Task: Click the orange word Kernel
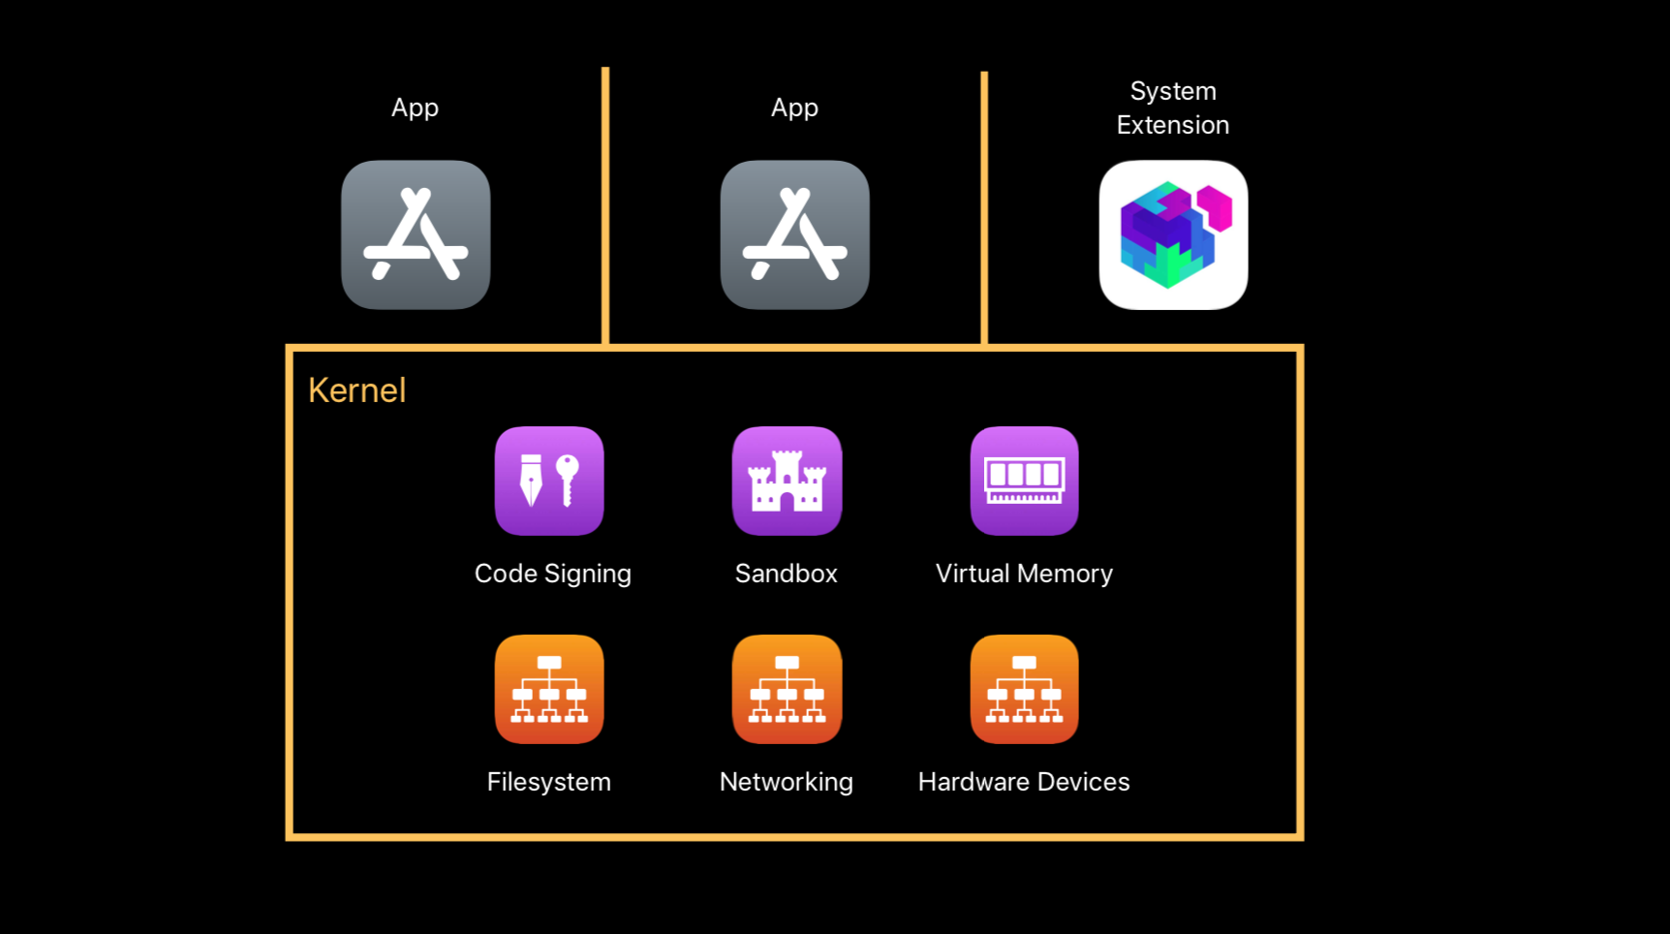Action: [x=356, y=390]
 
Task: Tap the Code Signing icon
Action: [x=549, y=481]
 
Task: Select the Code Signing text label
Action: [x=552, y=574]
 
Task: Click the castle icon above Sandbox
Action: [x=787, y=481]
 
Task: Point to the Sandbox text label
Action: [x=786, y=574]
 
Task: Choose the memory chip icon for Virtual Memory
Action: [x=1024, y=481]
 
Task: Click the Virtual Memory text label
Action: [x=1024, y=574]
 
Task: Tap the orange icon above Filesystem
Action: [x=549, y=689]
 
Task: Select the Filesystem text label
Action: [x=548, y=782]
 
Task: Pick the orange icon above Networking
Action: [x=787, y=689]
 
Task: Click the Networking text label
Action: [x=786, y=782]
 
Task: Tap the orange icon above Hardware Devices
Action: [x=1024, y=689]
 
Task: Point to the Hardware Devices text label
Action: [x=1024, y=782]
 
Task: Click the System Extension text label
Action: [x=1172, y=108]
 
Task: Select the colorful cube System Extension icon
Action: [x=1173, y=235]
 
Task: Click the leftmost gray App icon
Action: [x=416, y=235]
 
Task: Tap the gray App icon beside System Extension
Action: [x=794, y=235]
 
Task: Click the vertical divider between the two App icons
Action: [x=605, y=203]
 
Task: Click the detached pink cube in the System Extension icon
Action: [x=1215, y=207]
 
